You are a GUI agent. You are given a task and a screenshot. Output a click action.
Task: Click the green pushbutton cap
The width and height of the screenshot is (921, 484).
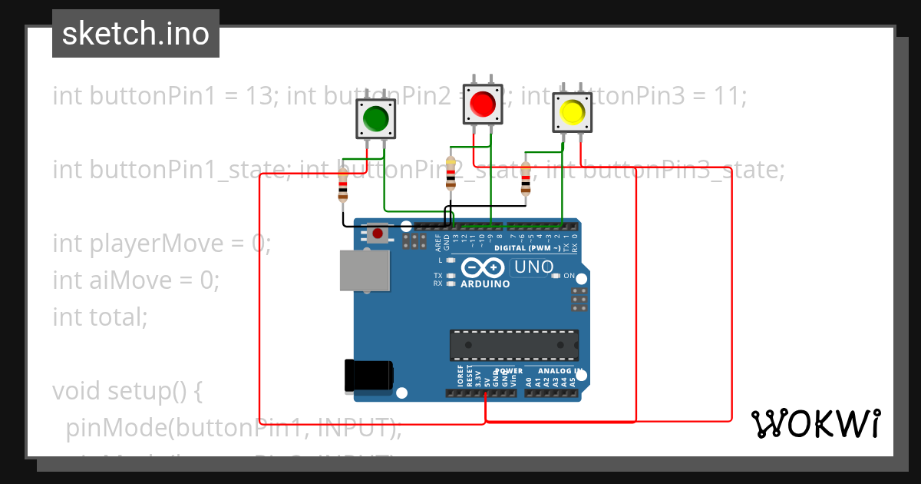(375, 118)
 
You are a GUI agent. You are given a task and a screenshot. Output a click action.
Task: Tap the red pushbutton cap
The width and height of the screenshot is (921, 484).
(482, 103)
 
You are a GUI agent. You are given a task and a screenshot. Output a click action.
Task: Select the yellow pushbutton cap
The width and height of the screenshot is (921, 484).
(573, 112)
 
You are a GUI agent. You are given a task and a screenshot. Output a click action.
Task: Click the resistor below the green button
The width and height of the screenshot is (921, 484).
(343, 186)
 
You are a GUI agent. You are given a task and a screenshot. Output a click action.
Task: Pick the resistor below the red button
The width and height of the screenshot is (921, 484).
(451, 174)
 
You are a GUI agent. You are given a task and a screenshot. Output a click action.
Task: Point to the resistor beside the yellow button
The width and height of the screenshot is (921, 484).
(526, 180)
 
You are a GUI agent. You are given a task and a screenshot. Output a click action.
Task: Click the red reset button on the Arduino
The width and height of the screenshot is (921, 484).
(377, 233)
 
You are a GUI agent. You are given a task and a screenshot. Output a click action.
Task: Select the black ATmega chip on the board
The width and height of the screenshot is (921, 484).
(514, 345)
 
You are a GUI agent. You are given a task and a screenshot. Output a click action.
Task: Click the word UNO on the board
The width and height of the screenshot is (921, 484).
(533, 267)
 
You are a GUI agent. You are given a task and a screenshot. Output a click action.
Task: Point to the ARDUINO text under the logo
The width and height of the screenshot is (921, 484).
(485, 284)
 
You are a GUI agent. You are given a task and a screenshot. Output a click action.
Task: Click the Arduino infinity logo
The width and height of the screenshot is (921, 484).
(484, 268)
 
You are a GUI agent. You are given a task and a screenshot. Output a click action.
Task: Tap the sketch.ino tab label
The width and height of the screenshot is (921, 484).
(136, 34)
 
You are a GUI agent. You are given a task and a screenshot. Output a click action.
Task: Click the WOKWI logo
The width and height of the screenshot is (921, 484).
(816, 423)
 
